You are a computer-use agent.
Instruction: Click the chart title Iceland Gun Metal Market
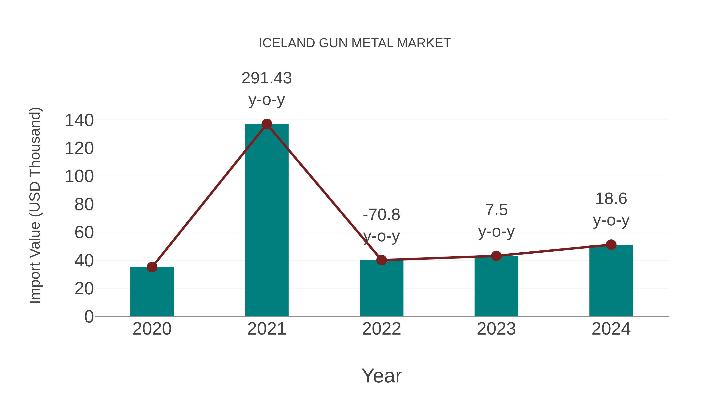[x=355, y=43]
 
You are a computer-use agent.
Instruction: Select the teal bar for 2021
[x=266, y=220]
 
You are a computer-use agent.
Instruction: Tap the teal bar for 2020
[x=152, y=292]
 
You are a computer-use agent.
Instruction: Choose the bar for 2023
[x=496, y=286]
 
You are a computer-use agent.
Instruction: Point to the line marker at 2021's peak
[x=266, y=124]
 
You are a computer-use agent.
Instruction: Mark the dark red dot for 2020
[x=152, y=267]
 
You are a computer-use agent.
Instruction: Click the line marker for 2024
[x=611, y=245]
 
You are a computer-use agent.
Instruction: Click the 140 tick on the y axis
[x=79, y=120]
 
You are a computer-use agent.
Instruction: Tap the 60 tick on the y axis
[x=84, y=233]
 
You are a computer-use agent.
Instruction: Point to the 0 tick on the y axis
[x=89, y=316]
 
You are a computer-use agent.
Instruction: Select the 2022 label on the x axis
[x=381, y=329]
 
